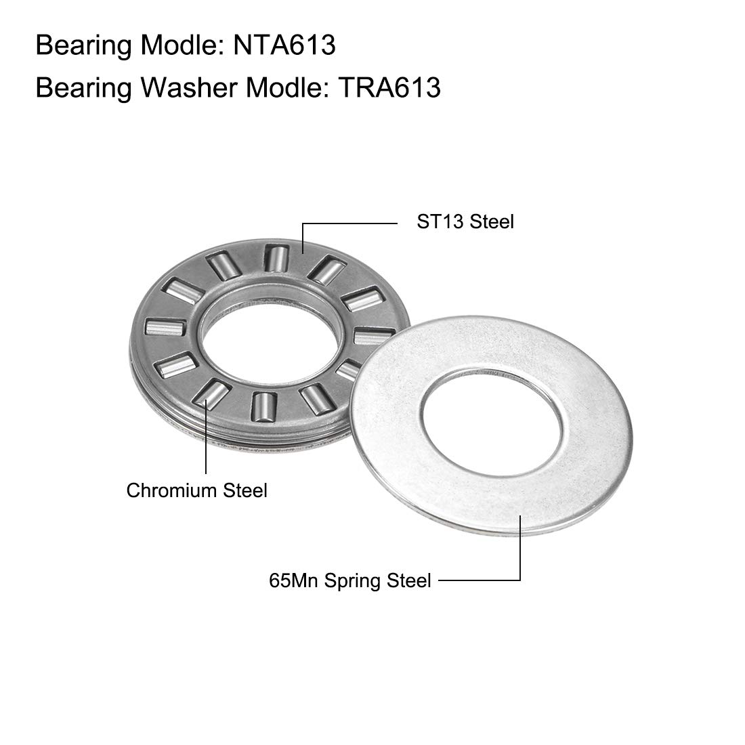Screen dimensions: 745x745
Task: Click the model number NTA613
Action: [284, 45]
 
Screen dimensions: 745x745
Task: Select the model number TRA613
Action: [389, 88]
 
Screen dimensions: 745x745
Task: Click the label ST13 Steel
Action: [465, 222]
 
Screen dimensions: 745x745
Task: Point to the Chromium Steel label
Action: [196, 490]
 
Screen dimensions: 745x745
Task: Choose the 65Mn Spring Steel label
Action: [349, 580]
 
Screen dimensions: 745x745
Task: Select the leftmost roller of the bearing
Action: [165, 327]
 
